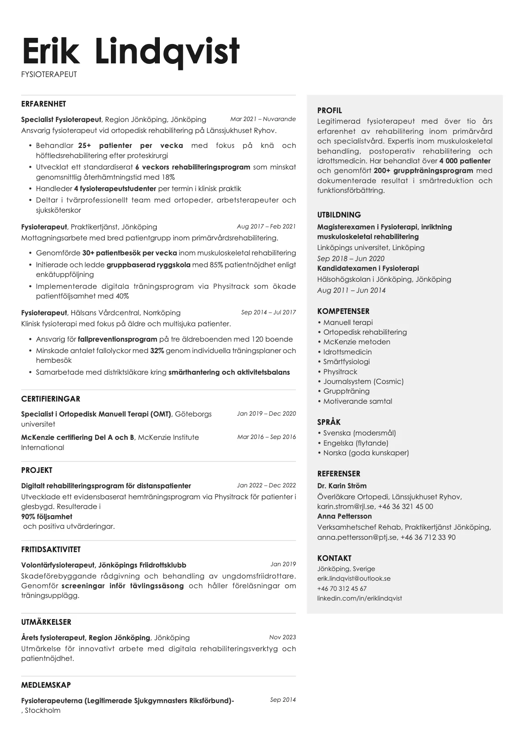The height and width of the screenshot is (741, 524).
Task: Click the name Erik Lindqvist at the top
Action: pyautogui.click(x=131, y=52)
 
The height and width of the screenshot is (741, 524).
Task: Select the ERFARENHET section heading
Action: pyautogui.click(x=44, y=104)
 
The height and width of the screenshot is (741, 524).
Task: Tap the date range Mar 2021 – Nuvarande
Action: pyautogui.click(x=263, y=119)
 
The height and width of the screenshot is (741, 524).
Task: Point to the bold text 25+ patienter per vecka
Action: pyautogui.click(x=130, y=146)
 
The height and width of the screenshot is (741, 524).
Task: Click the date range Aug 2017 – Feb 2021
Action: pyautogui.click(x=266, y=227)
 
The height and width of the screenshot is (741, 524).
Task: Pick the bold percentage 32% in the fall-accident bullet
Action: pyautogui.click(x=157, y=351)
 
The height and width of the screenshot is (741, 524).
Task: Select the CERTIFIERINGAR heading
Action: pyautogui.click(x=51, y=399)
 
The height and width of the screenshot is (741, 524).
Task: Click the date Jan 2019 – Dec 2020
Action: pyautogui.click(x=266, y=414)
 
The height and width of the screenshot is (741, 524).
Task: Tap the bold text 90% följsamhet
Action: pyautogui.click(x=47, y=516)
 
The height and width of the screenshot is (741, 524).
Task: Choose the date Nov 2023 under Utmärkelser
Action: pyautogui.click(x=282, y=638)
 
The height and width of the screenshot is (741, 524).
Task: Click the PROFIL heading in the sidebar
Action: pyautogui.click(x=329, y=111)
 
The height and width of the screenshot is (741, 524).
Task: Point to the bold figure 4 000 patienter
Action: pyautogui.click(x=465, y=161)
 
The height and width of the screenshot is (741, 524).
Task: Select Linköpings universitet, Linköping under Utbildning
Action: pyautogui.click(x=371, y=247)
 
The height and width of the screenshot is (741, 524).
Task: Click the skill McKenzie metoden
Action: pyautogui.click(x=357, y=342)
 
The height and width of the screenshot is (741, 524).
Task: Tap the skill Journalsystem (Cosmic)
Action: pyautogui.click(x=363, y=382)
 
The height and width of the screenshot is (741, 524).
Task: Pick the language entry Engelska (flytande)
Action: pyautogui.click(x=356, y=443)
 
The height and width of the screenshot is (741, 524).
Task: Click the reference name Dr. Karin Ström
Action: pyautogui.click(x=342, y=486)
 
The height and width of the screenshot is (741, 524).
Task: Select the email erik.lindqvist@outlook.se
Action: pyautogui.click(x=354, y=579)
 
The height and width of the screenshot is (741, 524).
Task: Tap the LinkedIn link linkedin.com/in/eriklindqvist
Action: pyautogui.click(x=359, y=598)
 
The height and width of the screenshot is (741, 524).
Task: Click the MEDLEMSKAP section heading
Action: pyautogui.click(x=46, y=685)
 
